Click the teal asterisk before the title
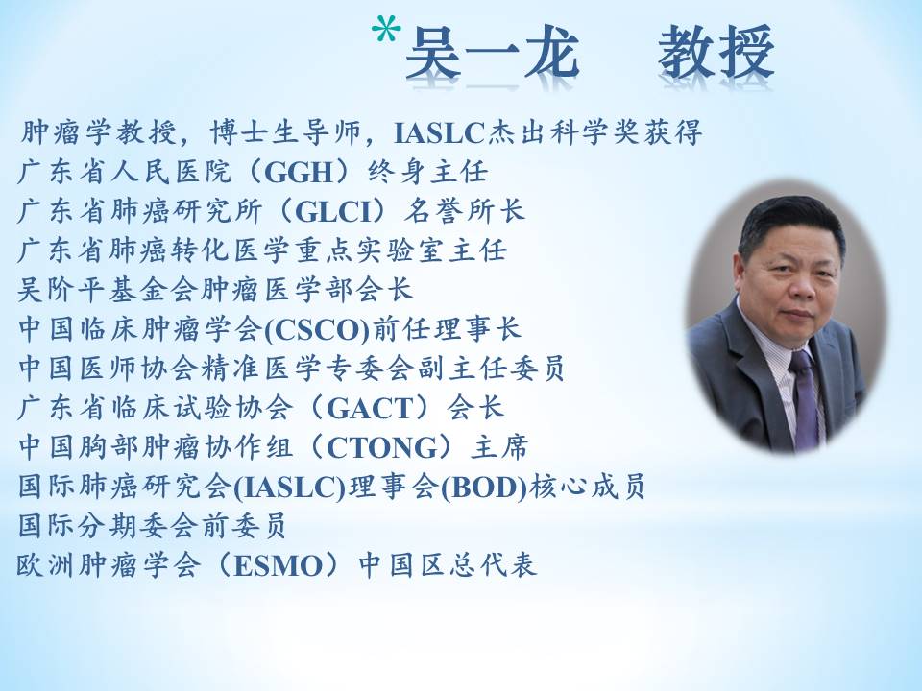tap(386, 31)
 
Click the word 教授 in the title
tap(716, 53)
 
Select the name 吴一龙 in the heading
tap(493, 53)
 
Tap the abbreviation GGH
tap(300, 172)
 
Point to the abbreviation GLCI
tap(334, 211)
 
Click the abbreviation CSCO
tap(318, 329)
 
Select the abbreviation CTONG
tap(382, 448)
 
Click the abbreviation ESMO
tap(279, 566)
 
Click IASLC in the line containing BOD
tap(289, 488)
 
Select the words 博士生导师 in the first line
tap(286, 132)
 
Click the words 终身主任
tap(427, 172)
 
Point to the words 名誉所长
tap(464, 211)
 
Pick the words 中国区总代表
tap(448, 566)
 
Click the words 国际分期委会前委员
tap(153, 526)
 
